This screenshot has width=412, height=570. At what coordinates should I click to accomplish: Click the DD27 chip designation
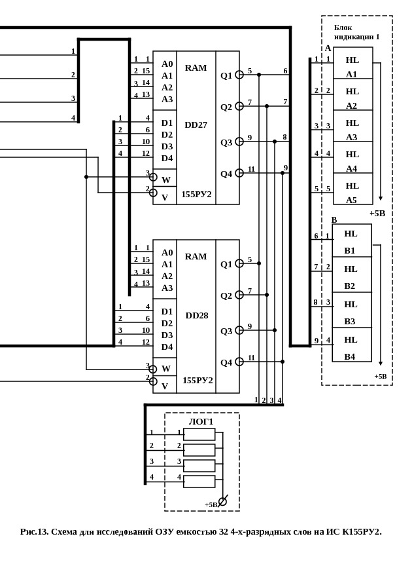196,125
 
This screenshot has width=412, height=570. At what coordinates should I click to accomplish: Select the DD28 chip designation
196,315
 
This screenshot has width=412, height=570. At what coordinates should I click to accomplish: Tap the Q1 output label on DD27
226,75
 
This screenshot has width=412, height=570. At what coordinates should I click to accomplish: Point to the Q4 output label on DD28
226,362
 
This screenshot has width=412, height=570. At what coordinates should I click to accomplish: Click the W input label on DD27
166,180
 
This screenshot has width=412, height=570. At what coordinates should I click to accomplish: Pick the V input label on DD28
165,386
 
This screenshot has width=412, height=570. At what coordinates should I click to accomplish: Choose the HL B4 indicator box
351,345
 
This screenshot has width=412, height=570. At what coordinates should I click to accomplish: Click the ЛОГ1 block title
201,421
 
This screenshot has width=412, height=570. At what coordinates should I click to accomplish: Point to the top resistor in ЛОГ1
199,434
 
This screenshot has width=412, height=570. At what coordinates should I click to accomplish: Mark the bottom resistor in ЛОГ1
199,482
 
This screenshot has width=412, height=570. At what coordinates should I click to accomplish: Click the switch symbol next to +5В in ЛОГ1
223,501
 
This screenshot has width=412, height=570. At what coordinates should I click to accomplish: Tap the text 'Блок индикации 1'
356,32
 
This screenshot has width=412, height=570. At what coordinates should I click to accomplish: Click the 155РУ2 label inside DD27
196,194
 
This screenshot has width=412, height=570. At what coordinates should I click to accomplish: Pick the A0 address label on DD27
167,64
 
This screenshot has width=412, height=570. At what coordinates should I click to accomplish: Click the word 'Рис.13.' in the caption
34,531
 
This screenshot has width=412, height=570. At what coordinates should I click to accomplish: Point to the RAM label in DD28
196,256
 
